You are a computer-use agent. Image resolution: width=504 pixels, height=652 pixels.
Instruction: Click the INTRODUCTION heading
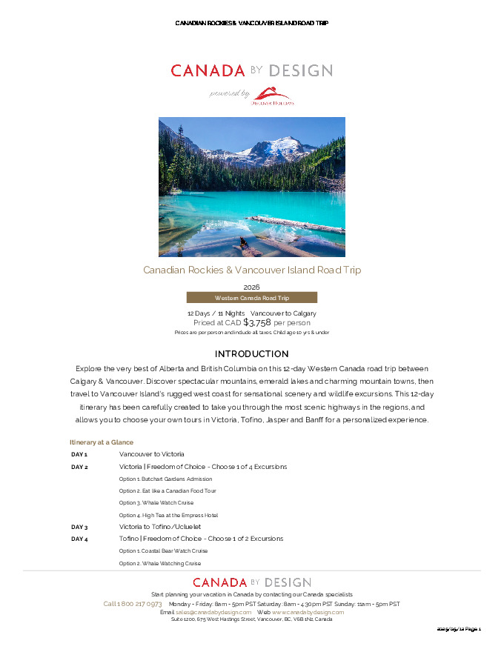coord(251,354)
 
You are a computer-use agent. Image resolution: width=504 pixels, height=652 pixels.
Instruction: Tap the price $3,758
coord(252,322)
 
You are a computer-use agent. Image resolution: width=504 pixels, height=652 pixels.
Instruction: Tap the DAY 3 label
coord(79,527)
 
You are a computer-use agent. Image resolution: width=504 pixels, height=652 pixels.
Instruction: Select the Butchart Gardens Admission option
coord(166,479)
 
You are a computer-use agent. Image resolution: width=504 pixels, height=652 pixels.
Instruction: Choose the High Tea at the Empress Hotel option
coord(168,515)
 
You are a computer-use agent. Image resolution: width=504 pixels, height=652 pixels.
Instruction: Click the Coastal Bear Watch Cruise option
coord(163,551)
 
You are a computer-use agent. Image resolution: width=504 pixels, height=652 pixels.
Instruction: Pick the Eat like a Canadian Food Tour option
coord(168,490)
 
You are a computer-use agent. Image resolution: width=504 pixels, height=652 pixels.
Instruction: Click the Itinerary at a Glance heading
coord(102,442)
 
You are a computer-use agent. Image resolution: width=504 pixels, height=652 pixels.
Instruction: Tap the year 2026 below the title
coord(251,287)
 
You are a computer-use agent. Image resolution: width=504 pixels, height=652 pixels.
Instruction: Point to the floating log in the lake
coord(296,223)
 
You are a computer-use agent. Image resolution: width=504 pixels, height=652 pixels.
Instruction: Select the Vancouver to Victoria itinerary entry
coord(151,454)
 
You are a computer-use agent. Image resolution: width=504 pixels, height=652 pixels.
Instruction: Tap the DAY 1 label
coord(79,454)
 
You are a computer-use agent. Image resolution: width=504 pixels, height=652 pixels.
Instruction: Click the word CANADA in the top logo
coord(208,71)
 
